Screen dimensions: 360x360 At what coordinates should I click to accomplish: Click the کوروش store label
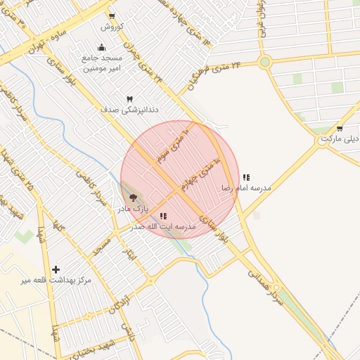112,27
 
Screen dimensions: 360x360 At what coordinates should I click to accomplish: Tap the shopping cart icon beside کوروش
112,15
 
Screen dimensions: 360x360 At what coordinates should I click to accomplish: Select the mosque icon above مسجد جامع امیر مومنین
102,48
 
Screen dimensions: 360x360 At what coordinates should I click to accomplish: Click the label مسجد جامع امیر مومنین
103,63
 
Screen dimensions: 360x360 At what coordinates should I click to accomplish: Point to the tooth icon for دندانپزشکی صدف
129,99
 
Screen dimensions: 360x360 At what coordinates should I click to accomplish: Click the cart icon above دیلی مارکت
340,128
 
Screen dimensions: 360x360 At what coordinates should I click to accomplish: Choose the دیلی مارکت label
340,139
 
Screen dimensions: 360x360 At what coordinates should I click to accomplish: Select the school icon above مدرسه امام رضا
245,177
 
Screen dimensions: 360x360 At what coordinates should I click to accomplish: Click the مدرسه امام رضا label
245,188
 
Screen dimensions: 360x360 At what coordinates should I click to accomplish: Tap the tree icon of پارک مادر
133,198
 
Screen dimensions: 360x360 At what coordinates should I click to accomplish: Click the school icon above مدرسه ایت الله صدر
163,217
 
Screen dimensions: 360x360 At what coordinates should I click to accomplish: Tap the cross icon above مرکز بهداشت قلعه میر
56,269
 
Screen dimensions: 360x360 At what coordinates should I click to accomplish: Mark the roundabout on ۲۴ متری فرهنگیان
264,62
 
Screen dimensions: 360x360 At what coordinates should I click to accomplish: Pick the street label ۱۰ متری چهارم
199,176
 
